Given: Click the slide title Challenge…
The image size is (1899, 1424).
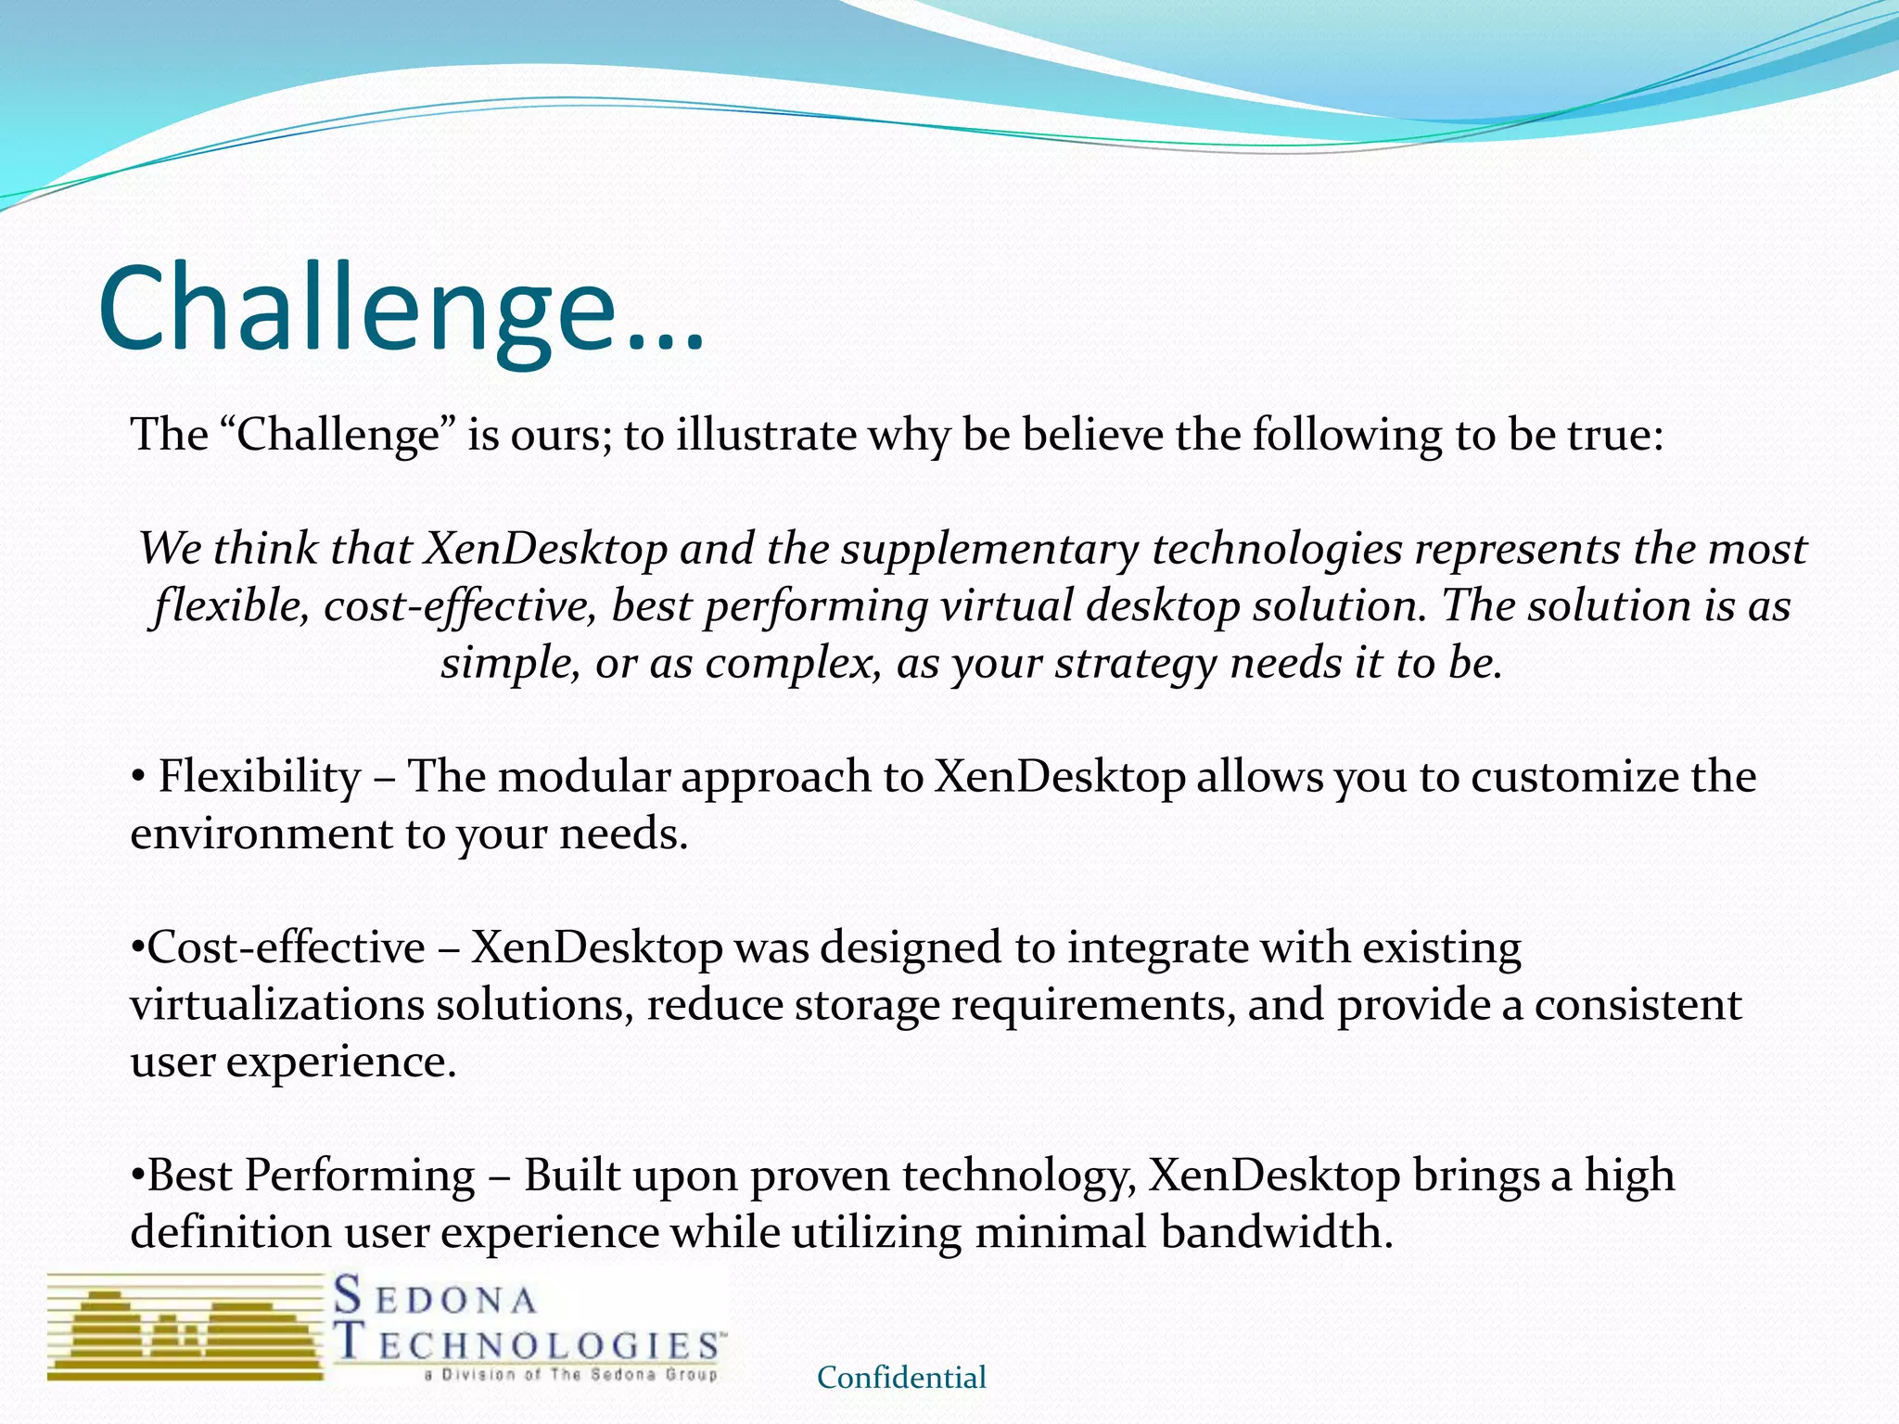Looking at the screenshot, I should (401, 311).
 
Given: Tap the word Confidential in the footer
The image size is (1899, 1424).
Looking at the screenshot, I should (901, 1378).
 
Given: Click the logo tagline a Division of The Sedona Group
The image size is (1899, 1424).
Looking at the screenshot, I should (571, 1375).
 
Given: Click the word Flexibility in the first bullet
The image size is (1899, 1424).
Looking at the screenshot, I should (260, 777).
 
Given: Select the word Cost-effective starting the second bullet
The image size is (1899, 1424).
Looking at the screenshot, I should (286, 948).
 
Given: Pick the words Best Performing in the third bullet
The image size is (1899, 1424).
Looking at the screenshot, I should (312, 1176).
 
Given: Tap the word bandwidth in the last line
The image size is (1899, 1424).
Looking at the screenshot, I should (1275, 1233).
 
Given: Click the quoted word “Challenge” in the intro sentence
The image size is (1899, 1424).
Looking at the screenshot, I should (338, 435).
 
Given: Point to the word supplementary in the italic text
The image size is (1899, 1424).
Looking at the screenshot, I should (989, 550).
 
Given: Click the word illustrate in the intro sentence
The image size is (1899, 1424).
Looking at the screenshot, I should (766, 435).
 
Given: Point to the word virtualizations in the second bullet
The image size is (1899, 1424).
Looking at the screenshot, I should (276, 1006).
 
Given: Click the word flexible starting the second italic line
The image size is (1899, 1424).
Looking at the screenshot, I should (230, 607).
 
